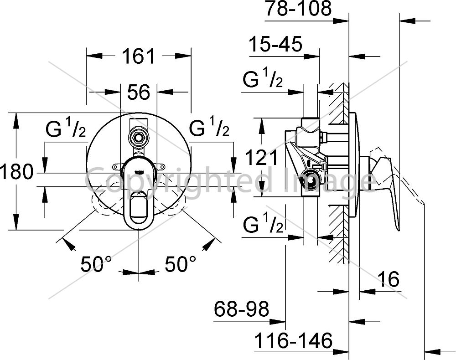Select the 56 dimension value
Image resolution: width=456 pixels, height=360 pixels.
(139, 92)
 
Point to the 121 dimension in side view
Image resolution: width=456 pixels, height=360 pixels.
(261, 158)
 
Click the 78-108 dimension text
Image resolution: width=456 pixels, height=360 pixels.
(298, 8)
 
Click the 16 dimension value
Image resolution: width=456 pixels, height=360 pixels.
(389, 279)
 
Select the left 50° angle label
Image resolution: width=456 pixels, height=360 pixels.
(96, 264)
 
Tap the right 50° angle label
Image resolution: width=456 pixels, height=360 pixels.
(180, 264)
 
